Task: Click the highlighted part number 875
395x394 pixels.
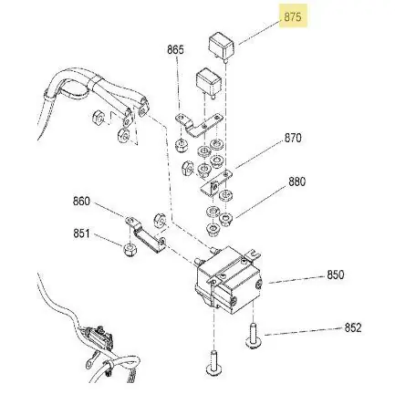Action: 293,17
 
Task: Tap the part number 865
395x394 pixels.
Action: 175,49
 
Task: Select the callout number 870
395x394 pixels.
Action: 293,138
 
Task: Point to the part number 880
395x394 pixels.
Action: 296,181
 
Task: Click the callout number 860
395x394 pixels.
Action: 81,202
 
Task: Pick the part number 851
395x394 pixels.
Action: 81,233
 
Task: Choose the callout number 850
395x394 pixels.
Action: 336,275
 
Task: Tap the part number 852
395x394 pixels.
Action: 353,327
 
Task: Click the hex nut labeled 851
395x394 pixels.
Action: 130,250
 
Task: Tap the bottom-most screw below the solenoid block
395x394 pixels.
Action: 214,362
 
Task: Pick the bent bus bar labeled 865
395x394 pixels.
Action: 198,125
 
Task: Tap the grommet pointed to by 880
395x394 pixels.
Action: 225,218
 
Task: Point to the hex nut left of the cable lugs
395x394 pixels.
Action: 99,117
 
